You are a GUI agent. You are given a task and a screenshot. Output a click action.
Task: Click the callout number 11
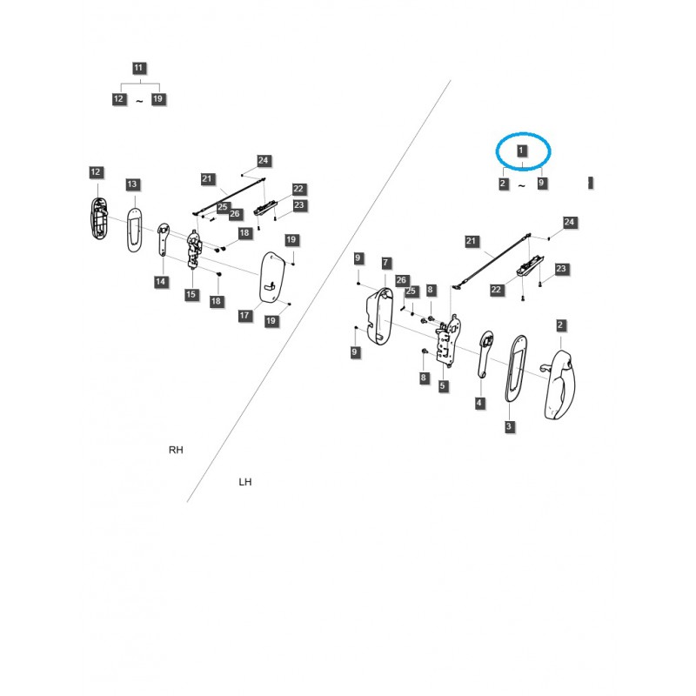[140, 68]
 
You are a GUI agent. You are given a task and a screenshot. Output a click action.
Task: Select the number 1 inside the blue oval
[521, 151]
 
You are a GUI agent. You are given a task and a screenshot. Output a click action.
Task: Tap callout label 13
[132, 184]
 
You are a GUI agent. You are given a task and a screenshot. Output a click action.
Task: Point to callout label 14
[161, 281]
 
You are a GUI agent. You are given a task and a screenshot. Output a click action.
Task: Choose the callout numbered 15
[191, 295]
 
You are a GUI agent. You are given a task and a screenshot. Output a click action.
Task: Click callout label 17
[245, 315]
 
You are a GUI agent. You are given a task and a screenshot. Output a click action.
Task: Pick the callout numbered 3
[509, 426]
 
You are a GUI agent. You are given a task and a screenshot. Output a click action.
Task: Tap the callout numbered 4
[479, 403]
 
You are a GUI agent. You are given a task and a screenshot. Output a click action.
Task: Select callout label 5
[443, 385]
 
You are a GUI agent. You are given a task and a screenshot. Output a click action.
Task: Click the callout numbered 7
[386, 263]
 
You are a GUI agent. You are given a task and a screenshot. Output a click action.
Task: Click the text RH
[177, 450]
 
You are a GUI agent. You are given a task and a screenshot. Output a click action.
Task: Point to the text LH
[245, 481]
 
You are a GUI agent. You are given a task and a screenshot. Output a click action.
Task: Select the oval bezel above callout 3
[515, 370]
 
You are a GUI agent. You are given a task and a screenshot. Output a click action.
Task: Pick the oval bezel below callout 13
[134, 228]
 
